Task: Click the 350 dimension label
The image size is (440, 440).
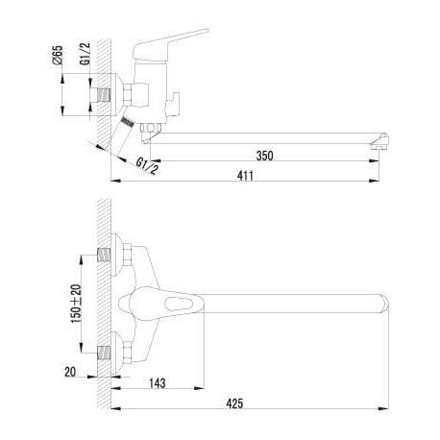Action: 264,156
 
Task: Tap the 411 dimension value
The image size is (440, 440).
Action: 245,176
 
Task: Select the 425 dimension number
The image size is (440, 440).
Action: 234,403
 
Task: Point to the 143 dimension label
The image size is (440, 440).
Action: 157,382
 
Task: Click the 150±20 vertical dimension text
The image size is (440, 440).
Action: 77,304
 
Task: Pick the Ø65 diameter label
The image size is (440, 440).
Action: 58,56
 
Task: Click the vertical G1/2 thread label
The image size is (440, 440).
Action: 86,54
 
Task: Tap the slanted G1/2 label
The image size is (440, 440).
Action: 147,166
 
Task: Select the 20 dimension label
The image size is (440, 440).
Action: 70,372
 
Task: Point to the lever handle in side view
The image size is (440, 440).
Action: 170,43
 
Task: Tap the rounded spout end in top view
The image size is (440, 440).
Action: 384,303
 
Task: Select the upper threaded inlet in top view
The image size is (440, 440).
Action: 104,255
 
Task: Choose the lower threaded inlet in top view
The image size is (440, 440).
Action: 104,353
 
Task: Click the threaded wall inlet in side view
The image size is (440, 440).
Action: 104,95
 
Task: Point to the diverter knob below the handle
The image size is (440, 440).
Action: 172,105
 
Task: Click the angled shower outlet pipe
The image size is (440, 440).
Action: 122,135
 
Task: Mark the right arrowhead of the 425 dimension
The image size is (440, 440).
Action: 383,408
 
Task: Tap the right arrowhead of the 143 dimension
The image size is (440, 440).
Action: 199,388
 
